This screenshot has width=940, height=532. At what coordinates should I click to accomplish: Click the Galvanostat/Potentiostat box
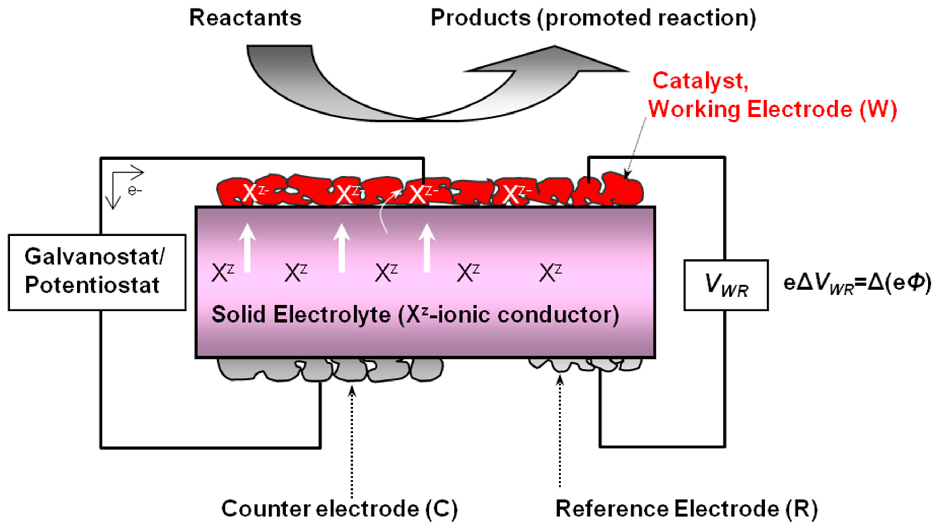(97, 272)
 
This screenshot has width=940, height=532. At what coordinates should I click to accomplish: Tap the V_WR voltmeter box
(726, 285)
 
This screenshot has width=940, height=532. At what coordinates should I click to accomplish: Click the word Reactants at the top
(245, 18)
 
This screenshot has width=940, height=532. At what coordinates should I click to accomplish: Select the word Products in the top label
(480, 18)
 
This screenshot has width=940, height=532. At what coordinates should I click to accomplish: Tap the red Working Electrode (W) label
(772, 109)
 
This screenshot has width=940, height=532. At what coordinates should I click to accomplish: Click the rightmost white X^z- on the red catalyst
(515, 193)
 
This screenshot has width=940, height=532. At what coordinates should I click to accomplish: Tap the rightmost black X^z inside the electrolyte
(550, 273)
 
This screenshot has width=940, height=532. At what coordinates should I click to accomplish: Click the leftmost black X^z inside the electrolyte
(222, 273)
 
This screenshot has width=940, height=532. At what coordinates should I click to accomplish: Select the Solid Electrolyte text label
(415, 315)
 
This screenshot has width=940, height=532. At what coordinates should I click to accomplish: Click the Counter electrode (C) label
(339, 509)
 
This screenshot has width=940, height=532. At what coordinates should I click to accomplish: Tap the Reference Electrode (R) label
(686, 509)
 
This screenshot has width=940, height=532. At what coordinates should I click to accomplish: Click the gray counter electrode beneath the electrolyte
(330, 370)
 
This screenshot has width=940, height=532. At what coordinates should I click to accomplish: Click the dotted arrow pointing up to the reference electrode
(560, 431)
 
